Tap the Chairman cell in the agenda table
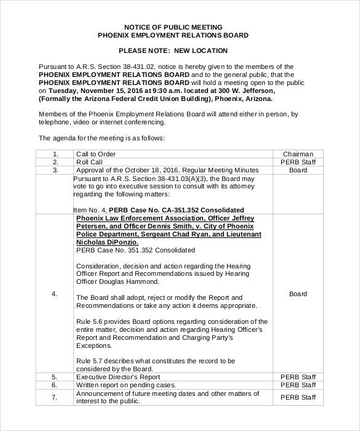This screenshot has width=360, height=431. (x=298, y=154)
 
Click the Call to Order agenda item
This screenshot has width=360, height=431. (x=95, y=154)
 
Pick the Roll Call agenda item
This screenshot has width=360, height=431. (x=90, y=162)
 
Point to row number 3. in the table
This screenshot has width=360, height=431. (x=55, y=170)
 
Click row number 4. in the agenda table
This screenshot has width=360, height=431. (x=55, y=294)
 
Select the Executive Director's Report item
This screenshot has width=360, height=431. (x=118, y=376)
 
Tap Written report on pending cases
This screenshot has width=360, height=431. (x=126, y=385)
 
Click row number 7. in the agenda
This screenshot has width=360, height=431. (x=55, y=397)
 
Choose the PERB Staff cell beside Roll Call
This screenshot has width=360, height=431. (x=298, y=162)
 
